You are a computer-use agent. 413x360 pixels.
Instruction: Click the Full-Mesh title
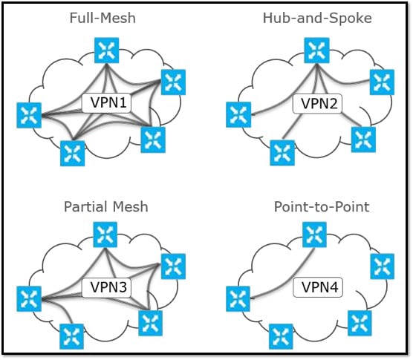pos(103,18)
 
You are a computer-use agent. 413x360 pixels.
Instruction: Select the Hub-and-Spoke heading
pos(317,18)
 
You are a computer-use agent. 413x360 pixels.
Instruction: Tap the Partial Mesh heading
pos(106,206)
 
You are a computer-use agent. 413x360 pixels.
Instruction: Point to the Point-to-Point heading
pos(322,206)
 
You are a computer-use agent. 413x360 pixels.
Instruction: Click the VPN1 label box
pos(107,102)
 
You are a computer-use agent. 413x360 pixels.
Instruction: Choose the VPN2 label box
pos(317,103)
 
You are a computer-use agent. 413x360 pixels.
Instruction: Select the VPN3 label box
pos(106,287)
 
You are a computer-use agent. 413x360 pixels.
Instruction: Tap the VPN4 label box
pos(318,287)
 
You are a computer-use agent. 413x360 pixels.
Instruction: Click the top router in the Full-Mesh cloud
pos(107,50)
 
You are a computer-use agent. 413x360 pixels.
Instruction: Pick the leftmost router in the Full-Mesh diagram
pos(29,115)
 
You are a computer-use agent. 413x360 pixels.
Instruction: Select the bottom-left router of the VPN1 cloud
pos(73,154)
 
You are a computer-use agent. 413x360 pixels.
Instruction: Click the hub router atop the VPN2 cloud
pos(316,50)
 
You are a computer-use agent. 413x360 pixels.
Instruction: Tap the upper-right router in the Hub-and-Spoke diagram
pos(382,82)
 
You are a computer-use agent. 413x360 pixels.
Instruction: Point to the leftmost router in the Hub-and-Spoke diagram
pos(238,115)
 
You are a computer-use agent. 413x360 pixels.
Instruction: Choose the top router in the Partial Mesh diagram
pos(105,235)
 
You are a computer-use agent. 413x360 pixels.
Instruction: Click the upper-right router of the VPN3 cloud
pos(173,266)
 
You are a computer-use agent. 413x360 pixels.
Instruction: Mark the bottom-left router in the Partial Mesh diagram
pos(71,336)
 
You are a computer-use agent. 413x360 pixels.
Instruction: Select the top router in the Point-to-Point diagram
pos(314,235)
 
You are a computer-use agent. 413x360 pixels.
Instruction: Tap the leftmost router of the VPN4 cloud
pos(238,299)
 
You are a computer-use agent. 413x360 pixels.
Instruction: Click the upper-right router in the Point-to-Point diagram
pos(383,266)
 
